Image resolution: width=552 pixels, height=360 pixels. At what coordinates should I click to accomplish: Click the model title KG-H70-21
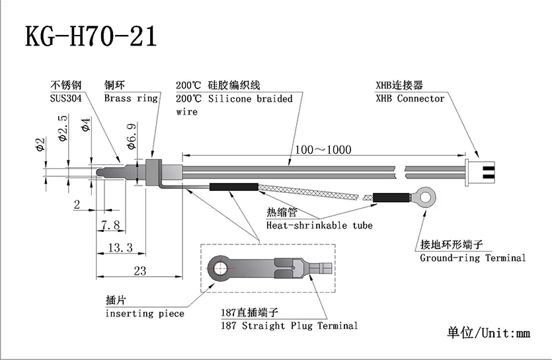coord(91,36)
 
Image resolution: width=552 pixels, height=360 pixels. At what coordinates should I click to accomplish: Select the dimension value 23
coord(139,270)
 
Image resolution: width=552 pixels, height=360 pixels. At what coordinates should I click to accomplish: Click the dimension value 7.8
coord(110,225)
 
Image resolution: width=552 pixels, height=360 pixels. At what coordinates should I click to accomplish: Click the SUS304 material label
coord(68,98)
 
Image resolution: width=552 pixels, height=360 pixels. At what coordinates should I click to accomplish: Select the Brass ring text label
coord(131,98)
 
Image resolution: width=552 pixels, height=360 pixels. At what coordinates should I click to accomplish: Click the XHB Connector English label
coord(410,98)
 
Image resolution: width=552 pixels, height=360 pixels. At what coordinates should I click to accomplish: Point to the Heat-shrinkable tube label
coord(319,225)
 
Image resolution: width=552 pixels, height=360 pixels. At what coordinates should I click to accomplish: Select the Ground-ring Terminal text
coord(473,258)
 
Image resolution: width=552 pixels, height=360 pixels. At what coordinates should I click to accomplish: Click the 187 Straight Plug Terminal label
coord(290,325)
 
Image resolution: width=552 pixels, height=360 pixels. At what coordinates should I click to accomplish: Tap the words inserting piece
coord(145,313)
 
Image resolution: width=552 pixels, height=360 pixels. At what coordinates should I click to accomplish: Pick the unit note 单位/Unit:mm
coord(489,332)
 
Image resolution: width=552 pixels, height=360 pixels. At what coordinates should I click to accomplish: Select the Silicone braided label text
coord(250,98)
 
